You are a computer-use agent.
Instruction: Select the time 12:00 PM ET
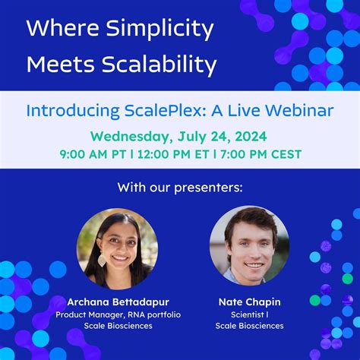pyautogui.click(x=171, y=154)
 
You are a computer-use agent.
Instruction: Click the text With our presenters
pyautogui.click(x=180, y=187)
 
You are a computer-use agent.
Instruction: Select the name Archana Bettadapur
pyautogui.click(x=118, y=301)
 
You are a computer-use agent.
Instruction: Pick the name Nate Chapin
pyautogui.click(x=249, y=301)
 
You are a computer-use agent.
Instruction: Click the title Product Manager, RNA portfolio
pyautogui.click(x=118, y=314)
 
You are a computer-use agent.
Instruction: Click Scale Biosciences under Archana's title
pyautogui.click(x=118, y=326)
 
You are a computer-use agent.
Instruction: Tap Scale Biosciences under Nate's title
pyautogui.click(x=249, y=326)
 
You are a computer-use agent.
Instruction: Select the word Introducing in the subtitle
pyautogui.click(x=65, y=111)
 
